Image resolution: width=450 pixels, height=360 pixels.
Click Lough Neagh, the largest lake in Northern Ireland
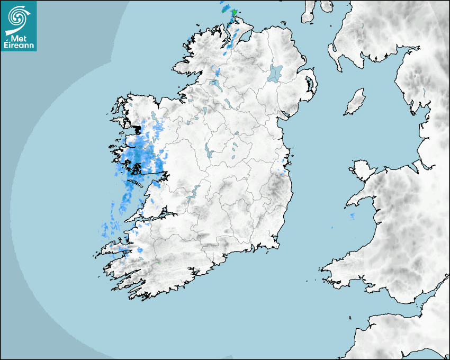(275, 73)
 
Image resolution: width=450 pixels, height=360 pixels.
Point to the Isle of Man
(355, 102)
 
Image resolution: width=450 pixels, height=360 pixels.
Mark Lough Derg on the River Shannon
(193, 192)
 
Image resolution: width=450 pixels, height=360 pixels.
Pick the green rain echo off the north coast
(233, 12)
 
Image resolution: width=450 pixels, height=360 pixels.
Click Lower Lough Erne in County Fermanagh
(215, 83)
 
